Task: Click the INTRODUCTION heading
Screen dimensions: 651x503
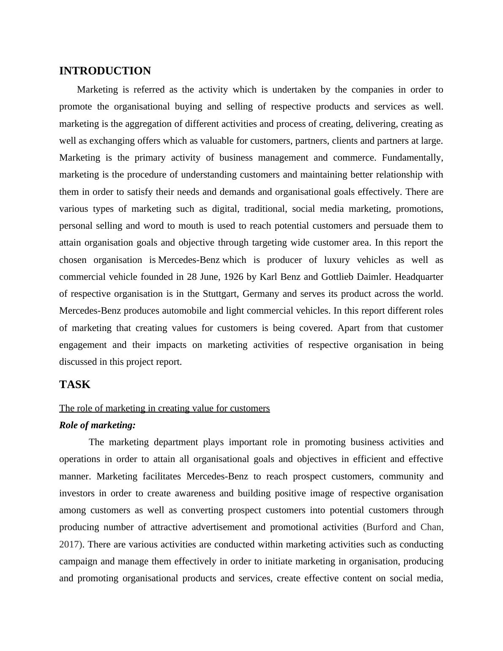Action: [105, 71]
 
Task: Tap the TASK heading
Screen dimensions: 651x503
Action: [75, 385]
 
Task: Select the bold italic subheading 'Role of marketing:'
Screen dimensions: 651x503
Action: [97, 425]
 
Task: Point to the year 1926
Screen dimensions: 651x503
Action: [233, 277]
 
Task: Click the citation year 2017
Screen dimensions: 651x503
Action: [69, 544]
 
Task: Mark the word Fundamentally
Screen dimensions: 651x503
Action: [412, 158]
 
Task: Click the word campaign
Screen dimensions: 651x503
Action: [77, 561]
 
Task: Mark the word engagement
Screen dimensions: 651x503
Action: [83, 345]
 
